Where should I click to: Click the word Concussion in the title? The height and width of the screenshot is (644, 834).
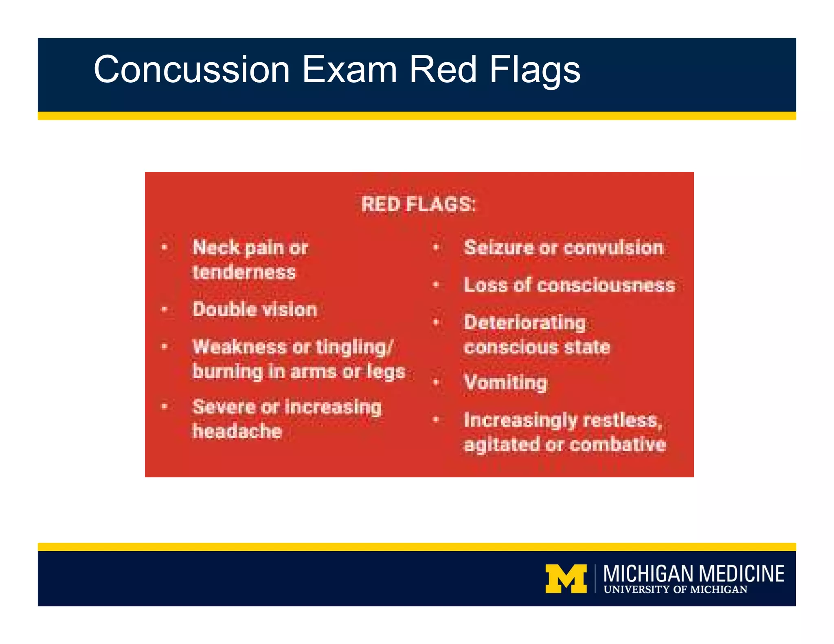click(191, 70)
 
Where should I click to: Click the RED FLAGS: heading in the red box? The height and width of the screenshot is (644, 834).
click(418, 204)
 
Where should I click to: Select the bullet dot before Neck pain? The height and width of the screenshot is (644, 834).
click(165, 247)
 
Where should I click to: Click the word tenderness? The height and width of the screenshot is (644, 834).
click(244, 272)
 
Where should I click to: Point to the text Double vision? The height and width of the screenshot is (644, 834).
click(255, 309)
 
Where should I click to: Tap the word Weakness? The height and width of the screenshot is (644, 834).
click(239, 347)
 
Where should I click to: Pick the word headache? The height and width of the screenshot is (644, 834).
click(237, 431)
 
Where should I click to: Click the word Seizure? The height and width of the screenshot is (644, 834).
click(498, 248)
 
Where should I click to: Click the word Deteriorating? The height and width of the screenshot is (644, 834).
click(525, 322)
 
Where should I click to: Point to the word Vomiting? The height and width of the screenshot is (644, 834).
click(506, 383)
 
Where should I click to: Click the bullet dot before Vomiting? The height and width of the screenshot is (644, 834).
click(436, 382)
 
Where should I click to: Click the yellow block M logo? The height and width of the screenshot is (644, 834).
click(566, 578)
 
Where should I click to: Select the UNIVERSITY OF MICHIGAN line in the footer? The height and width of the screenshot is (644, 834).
click(675, 589)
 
